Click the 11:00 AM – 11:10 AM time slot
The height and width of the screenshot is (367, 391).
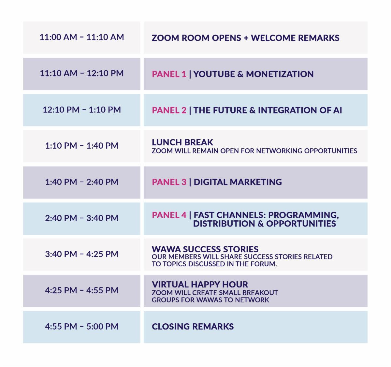pyautogui.click(x=82, y=37)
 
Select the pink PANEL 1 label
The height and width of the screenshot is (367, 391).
pyautogui.click(x=169, y=74)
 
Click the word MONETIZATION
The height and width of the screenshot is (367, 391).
pyautogui.click(x=280, y=74)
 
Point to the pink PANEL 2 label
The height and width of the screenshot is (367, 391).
pyautogui.click(x=169, y=110)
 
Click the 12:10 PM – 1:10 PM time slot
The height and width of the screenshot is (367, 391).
pyautogui.click(x=82, y=110)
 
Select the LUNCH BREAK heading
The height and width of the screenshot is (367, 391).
pyautogui.click(x=182, y=142)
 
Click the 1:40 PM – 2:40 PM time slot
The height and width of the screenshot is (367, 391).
pyautogui.click(x=82, y=182)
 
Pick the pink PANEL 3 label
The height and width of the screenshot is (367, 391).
pyautogui.click(x=169, y=182)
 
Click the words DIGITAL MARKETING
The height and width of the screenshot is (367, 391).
pyautogui.click(x=238, y=182)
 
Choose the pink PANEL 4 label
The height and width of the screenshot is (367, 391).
pyautogui.click(x=169, y=215)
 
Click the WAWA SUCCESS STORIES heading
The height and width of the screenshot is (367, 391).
pyautogui.click(x=205, y=249)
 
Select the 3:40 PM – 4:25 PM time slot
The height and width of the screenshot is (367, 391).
pyautogui.click(x=82, y=254)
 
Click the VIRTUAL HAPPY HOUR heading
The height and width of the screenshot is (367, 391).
pyautogui.click(x=200, y=284)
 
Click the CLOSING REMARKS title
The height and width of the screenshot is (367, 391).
pyautogui.click(x=193, y=326)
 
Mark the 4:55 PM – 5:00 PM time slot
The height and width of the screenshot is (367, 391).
pyautogui.click(x=82, y=326)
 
